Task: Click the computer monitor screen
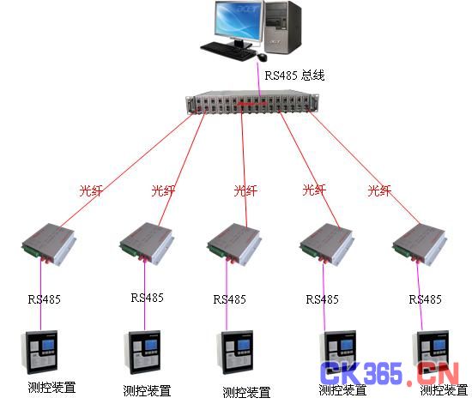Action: pyautogui.click(x=238, y=21)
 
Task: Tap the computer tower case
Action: pyautogui.click(x=282, y=27)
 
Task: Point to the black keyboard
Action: pyautogui.click(x=228, y=51)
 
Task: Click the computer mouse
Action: pyautogui.click(x=262, y=57)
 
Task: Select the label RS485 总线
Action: pyautogui.click(x=294, y=75)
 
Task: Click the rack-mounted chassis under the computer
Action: pyautogui.click(x=251, y=102)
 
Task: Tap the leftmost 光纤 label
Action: pyautogui.click(x=91, y=190)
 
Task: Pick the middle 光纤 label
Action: pyautogui.click(x=245, y=190)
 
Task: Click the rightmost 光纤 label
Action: pyautogui.click(x=379, y=190)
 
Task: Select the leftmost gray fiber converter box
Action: pyautogui.click(x=49, y=244)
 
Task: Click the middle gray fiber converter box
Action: pyautogui.click(x=234, y=244)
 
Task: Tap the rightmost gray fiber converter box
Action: pyautogui.click(x=420, y=244)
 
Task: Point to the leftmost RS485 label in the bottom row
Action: pyautogui.click(x=45, y=299)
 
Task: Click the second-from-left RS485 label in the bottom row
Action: pyautogui.click(x=148, y=298)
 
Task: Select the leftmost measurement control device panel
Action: pyautogui.click(x=39, y=352)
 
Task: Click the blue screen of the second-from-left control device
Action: pyautogui.click(x=151, y=345)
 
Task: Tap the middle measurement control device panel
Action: pyautogui.click(x=235, y=352)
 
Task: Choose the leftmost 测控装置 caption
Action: pyautogui.click(x=51, y=388)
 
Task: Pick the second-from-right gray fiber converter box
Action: pyautogui.click(x=327, y=244)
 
